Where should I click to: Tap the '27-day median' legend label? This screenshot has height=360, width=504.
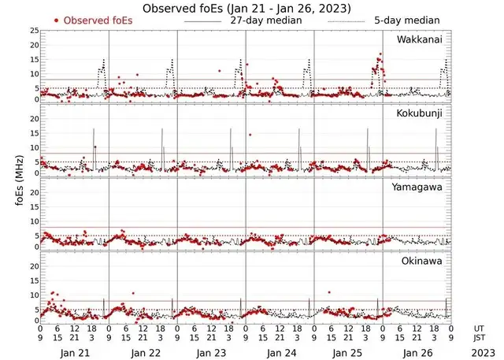click(265, 20)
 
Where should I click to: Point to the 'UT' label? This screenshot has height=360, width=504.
click(479, 327)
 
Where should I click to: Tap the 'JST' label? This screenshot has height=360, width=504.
click(480, 337)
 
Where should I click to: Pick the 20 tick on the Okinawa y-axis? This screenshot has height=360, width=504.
click(33, 266)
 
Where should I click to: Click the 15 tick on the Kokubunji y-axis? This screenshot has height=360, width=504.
click(33, 132)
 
